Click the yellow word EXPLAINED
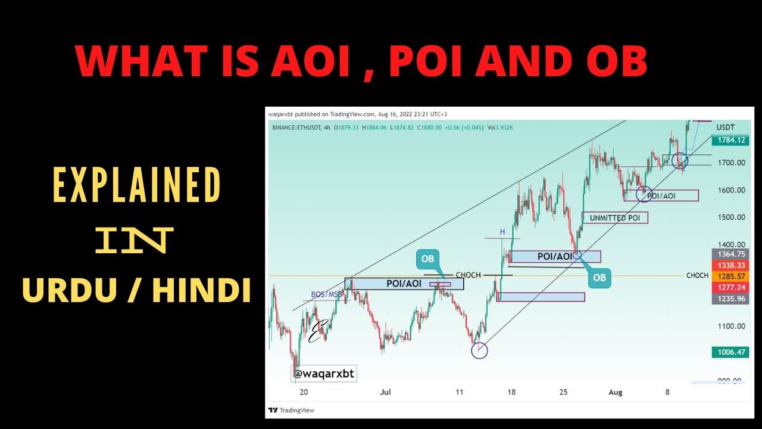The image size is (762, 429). point(138,185)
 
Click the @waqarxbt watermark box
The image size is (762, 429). point(323,374)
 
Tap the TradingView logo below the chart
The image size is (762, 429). point(291,410)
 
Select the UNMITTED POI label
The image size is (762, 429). point(614,217)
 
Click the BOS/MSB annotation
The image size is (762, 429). point(327,294)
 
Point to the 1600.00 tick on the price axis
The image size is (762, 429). point(731,190)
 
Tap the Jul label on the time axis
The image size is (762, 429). point(385,392)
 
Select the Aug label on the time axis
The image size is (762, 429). point(616,392)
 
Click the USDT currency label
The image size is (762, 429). point(726,127)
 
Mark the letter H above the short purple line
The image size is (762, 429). point(502,232)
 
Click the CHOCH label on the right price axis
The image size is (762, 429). point(697,276)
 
